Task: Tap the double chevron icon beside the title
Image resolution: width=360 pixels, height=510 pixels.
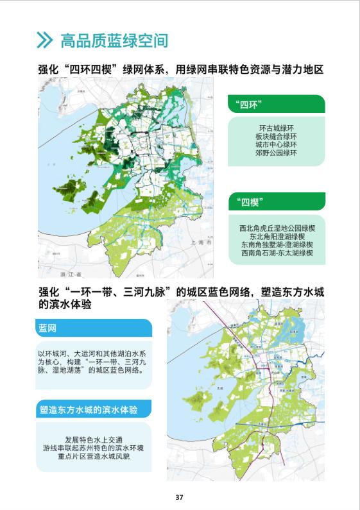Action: tap(44, 41)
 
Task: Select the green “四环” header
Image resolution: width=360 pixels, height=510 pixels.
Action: tap(276, 105)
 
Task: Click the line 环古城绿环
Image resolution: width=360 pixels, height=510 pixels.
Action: tap(277, 128)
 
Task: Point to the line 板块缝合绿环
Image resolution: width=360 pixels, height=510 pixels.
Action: tap(277, 137)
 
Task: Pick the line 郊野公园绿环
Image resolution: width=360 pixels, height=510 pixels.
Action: tap(277, 154)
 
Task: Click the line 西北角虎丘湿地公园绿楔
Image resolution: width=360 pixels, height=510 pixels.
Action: tap(277, 227)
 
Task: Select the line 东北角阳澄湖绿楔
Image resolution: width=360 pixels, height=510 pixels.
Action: tap(277, 236)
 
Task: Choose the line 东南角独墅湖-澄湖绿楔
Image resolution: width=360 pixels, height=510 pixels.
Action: tap(277, 244)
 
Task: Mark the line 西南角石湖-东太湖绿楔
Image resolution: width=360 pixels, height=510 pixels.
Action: tap(277, 253)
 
